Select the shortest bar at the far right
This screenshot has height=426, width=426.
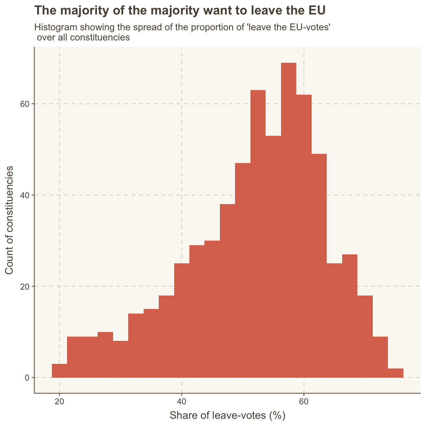click(x=395, y=373)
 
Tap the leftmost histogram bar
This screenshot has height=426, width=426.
click(x=59, y=371)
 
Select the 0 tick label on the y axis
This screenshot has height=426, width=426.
click(x=27, y=378)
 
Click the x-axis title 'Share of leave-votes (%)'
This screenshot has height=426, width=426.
click(x=227, y=415)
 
